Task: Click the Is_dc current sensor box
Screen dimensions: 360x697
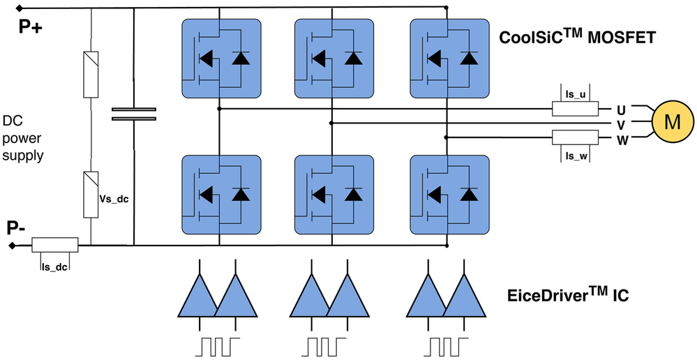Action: coord(55,245)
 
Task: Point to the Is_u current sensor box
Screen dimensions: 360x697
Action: coord(575,109)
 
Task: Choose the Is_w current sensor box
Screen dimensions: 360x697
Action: coord(575,137)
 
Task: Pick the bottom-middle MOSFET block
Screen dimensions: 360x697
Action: coord(334,195)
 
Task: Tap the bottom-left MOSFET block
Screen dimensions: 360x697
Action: coord(220,195)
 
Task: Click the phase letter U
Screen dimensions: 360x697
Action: coord(621,110)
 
